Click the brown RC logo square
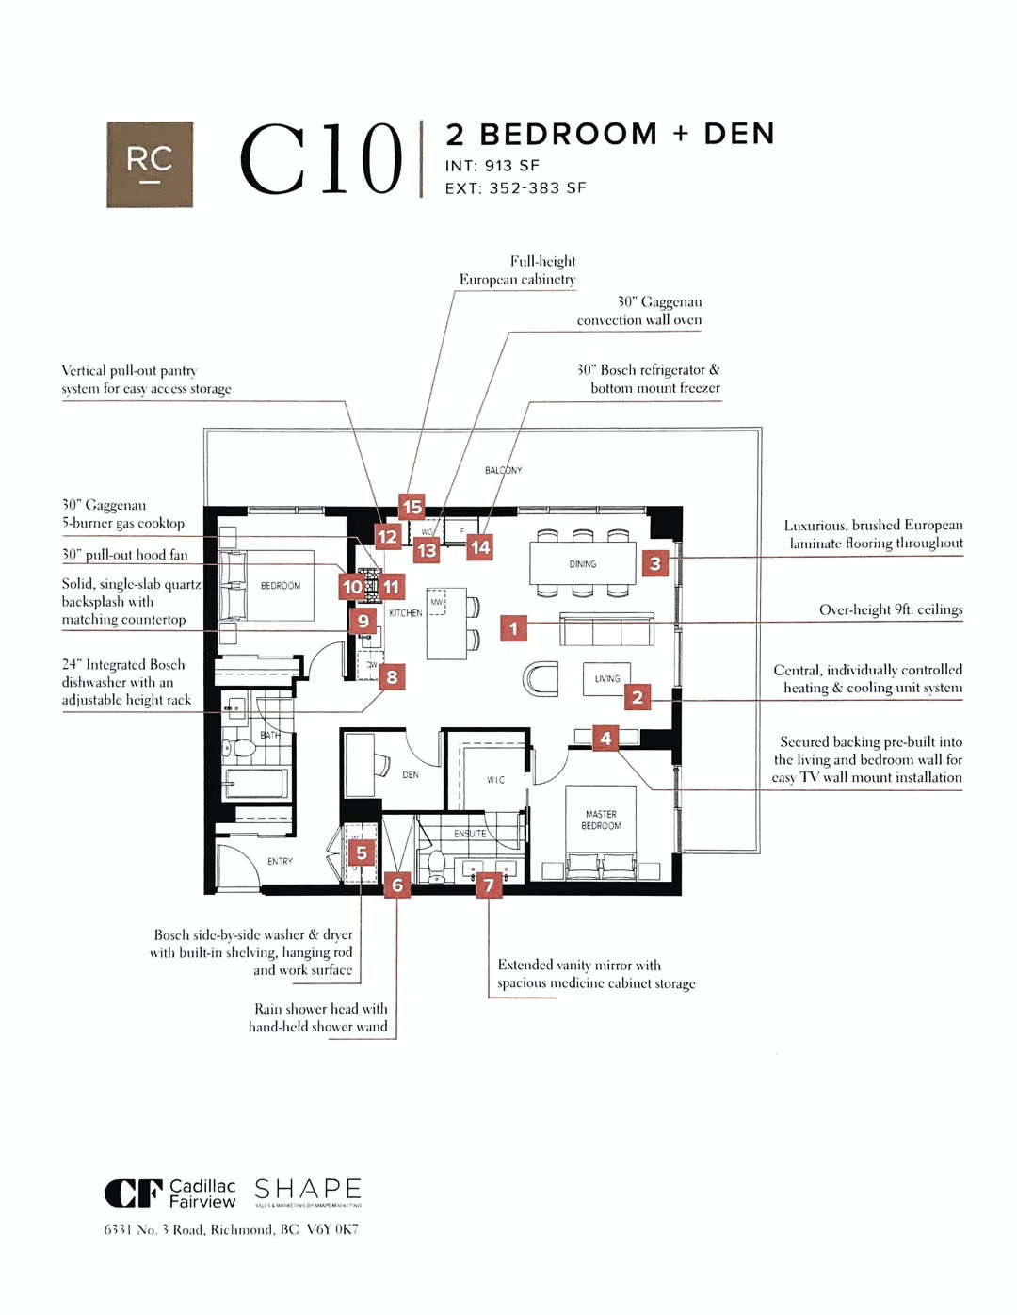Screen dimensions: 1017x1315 tap(150, 164)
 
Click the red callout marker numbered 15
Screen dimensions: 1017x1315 tap(412, 507)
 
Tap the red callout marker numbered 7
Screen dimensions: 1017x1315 tap(488, 885)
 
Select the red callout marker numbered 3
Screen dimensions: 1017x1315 tap(655, 563)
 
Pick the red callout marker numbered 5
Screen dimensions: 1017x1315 tap(362, 853)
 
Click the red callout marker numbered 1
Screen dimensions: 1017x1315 tap(513, 627)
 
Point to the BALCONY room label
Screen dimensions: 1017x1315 tap(503, 470)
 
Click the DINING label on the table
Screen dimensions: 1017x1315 tap(583, 564)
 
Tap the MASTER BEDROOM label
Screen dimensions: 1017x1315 tap(601, 820)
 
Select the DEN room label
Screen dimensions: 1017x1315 tap(411, 775)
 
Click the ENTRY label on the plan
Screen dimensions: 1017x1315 tap(280, 861)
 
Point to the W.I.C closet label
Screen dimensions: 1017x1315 tap(495, 780)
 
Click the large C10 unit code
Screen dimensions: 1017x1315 tap(321, 160)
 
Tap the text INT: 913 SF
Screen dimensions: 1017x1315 tap(492, 166)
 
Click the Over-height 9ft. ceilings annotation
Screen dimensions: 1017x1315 tap(891, 609)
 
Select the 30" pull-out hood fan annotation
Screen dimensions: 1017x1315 tap(125, 555)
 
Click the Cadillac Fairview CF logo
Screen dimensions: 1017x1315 tap(133, 1193)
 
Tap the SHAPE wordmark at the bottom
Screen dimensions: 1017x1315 tap(308, 1190)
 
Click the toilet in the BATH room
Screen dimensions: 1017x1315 tap(243, 748)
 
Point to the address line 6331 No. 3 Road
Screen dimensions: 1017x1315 tap(231, 1229)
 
